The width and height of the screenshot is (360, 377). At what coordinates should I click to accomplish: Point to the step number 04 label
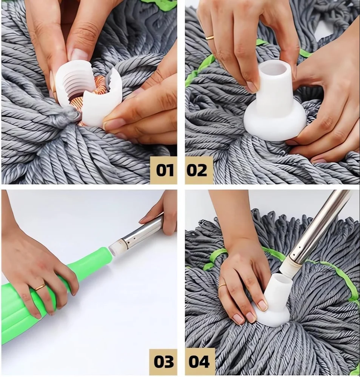pos(199,362)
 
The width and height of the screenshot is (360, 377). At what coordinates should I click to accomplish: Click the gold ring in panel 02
pos(210,37)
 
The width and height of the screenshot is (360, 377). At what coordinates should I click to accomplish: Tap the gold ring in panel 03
pos(40,287)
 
